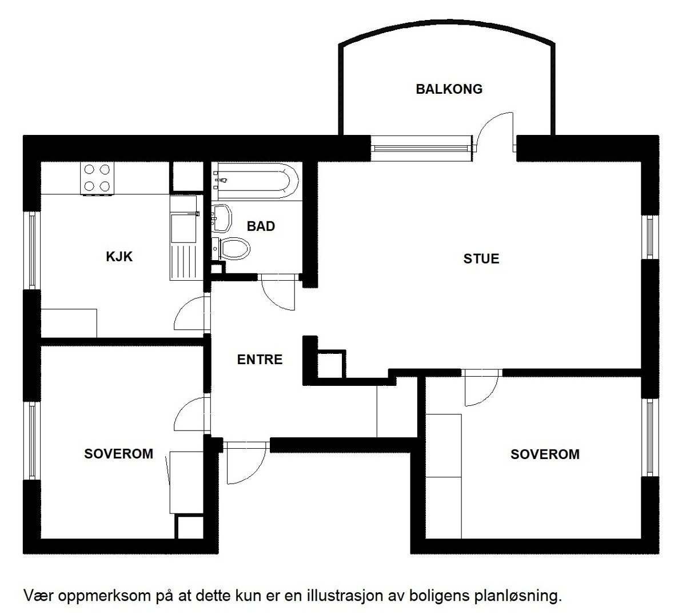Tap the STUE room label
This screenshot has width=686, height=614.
[x=481, y=259]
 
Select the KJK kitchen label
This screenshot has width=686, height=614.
[x=119, y=257]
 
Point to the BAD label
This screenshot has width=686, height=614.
[x=261, y=226]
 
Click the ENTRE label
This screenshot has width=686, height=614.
[x=260, y=360]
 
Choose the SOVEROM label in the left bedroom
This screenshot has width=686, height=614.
[x=119, y=454]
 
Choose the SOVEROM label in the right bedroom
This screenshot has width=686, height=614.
[x=545, y=454]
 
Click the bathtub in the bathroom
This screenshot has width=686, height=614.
[x=255, y=178]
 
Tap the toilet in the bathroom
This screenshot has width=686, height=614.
[x=234, y=249]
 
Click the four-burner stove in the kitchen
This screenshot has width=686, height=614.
[x=97, y=178]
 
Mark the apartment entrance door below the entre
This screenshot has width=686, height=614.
[x=245, y=462]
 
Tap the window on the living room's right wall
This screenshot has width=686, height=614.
[x=650, y=237]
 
